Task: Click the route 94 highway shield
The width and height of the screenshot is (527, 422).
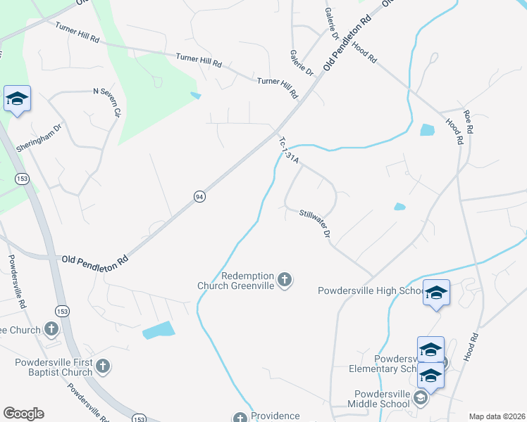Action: point(200,197)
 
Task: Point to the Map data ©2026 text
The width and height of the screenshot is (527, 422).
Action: point(497,416)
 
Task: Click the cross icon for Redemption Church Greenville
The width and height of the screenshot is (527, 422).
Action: point(285,281)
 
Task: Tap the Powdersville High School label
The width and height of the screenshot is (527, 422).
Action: point(369,290)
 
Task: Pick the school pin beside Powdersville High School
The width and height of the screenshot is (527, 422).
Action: point(436,293)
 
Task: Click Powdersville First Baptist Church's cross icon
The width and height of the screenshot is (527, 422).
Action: point(103,366)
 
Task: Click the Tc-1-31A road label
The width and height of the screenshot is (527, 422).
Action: point(290,150)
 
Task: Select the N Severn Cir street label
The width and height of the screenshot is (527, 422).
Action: point(108,101)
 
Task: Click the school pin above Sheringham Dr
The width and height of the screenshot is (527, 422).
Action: point(17,99)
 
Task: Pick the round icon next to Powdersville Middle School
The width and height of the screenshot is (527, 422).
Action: point(421,399)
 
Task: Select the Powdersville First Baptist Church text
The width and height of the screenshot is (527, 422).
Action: point(54,368)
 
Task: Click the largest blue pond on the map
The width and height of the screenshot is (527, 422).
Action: point(157,330)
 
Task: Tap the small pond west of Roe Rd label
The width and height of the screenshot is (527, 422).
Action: point(428,129)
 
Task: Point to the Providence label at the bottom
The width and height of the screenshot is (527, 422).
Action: point(275,416)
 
